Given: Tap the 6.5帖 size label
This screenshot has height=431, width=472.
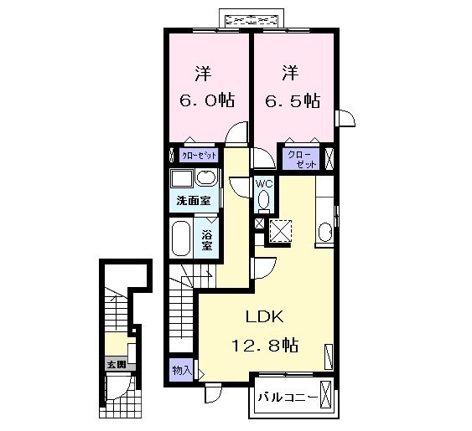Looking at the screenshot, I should click(291, 100).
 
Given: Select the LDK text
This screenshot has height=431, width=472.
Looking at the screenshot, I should click(266, 317).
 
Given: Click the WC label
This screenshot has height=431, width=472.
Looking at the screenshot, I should click(262, 183).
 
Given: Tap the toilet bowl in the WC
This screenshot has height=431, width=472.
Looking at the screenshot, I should click(263, 201).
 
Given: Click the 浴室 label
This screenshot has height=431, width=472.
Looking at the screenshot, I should click(207, 238).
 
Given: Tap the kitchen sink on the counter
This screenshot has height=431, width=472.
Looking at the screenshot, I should click(325, 232).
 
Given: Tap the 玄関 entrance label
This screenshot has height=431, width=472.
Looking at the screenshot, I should click(116, 365).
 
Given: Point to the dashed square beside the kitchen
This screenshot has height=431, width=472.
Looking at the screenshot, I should click(278, 229).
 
